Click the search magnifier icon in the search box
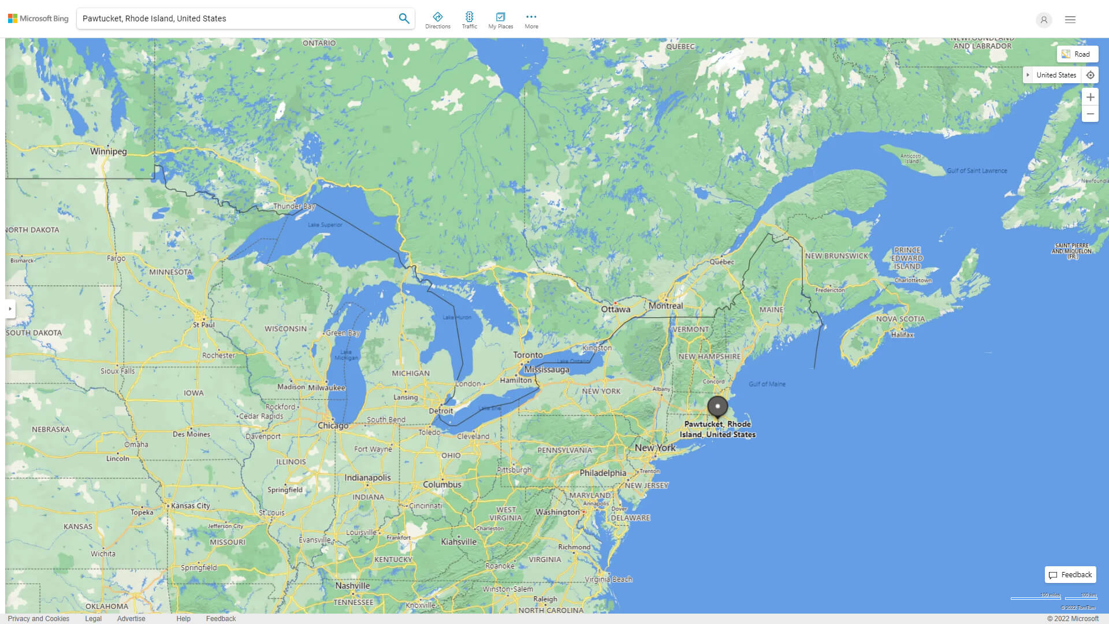point(404,18)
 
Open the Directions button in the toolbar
point(437,20)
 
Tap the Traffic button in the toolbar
point(469,20)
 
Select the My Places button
point(500,20)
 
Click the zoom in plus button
point(1090,97)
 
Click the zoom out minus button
point(1090,114)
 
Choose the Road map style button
point(1077,54)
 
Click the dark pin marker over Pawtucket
point(717,407)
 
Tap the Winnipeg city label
point(108,151)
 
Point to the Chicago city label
point(333,426)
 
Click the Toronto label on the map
point(528,355)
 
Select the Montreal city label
point(665,306)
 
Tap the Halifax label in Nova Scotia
point(902,335)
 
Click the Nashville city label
point(352,585)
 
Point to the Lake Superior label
point(325,225)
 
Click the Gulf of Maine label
point(766,384)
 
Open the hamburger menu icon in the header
point(1070,20)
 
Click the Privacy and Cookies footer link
point(39,618)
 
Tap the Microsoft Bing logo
point(38,18)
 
